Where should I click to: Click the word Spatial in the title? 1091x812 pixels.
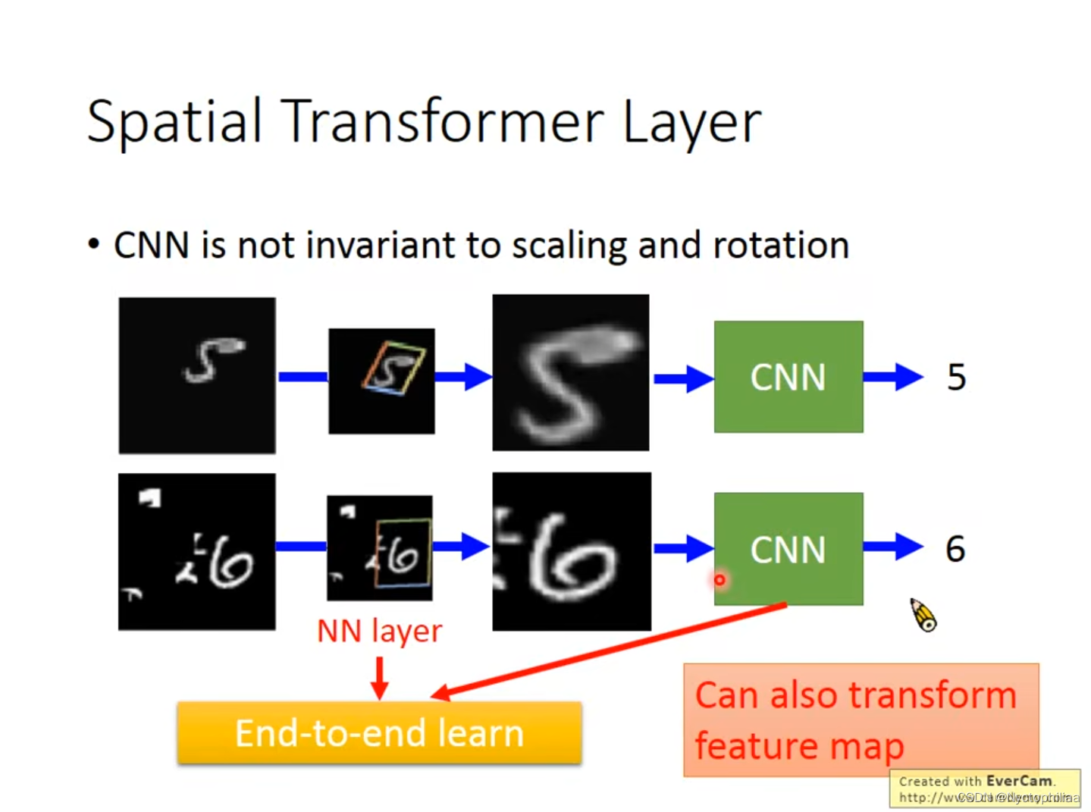174,121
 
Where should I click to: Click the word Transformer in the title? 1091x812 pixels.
443,121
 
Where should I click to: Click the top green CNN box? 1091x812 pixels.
788,377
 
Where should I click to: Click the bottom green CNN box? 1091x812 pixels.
788,549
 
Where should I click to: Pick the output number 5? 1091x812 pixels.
956,377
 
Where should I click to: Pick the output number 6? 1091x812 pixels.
955,549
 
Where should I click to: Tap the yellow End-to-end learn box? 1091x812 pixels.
379,733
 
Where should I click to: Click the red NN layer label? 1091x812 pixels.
379,631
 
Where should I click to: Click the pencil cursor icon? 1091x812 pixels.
923,615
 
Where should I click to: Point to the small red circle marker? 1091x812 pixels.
719,580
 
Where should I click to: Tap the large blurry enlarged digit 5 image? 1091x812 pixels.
570,373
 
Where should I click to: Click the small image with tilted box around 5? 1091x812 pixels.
381,381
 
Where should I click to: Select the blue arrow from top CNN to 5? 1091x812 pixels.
893,377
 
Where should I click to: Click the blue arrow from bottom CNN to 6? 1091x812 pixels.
893,546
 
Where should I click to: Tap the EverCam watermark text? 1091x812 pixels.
985,788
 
